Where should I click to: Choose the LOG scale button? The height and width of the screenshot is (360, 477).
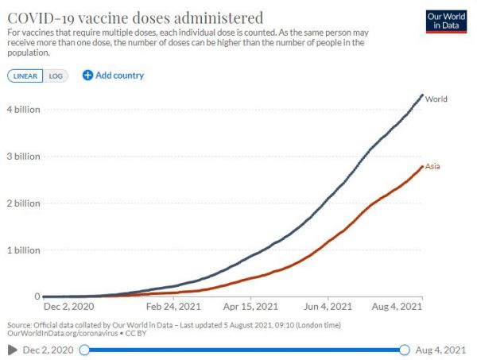53,75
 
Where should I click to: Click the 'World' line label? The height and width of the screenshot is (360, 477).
436,99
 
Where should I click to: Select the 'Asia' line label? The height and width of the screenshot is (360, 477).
433,167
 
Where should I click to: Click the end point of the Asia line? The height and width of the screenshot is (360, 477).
422,166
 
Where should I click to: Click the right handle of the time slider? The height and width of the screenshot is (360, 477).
405,350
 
